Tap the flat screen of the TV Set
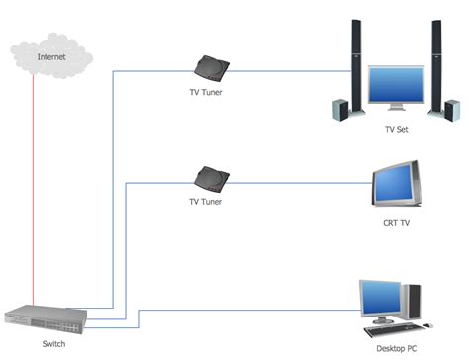(x=396, y=87)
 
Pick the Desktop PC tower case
(x=414, y=301)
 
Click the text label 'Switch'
(x=53, y=344)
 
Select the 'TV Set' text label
(x=397, y=130)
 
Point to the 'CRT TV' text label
(x=397, y=224)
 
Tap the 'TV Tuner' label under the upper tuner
(x=206, y=93)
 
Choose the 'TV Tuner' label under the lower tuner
(x=206, y=202)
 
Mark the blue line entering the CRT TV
(x=297, y=180)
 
